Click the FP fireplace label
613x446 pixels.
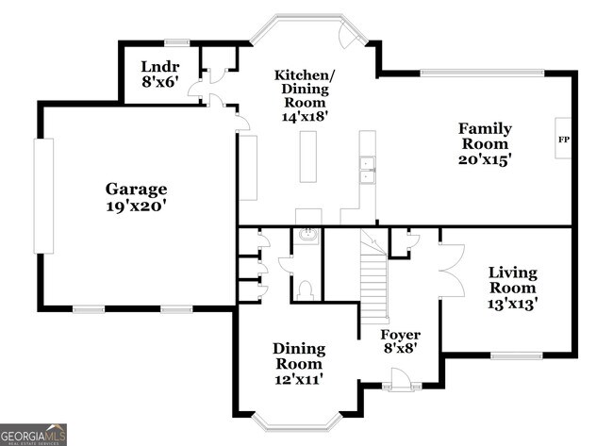(x=564, y=140)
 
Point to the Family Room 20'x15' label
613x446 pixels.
(x=485, y=143)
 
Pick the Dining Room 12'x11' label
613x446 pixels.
(x=299, y=363)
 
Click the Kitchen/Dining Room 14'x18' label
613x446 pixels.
(x=303, y=94)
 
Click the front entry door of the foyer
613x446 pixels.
(x=400, y=379)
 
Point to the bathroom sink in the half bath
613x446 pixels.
(x=306, y=236)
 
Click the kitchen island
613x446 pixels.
(x=308, y=157)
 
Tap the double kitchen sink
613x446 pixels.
(x=367, y=169)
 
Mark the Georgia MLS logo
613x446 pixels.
(x=34, y=434)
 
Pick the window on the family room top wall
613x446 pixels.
(x=482, y=72)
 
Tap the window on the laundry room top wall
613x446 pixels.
(x=176, y=42)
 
